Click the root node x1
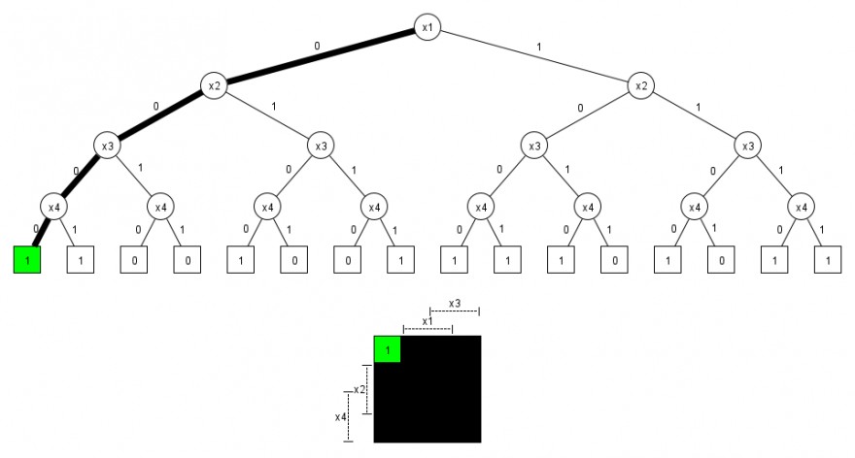pyautogui.click(x=427, y=27)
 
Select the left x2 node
pyautogui.click(x=213, y=86)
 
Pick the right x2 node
pyautogui.click(x=640, y=86)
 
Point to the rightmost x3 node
pyautogui.click(x=747, y=147)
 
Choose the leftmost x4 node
pyautogui.click(x=52, y=206)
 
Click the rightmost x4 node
pyautogui.click(x=801, y=206)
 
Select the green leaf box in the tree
pyautogui.click(x=27, y=260)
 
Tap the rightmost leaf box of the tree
pyautogui.click(x=828, y=260)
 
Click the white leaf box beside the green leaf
pyautogui.click(x=80, y=260)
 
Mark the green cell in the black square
pyautogui.click(x=387, y=348)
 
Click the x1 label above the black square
pyautogui.click(x=427, y=320)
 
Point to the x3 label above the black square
pyautogui.click(x=455, y=302)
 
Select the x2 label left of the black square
pyautogui.click(x=359, y=389)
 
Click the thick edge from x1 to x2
pyautogui.click(x=320, y=56)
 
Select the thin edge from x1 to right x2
pyautogui.click(x=533, y=56)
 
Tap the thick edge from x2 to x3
pyautogui.click(x=159, y=116)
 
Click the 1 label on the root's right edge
pyautogui.click(x=540, y=46)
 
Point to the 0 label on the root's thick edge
pyautogui.click(x=317, y=46)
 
